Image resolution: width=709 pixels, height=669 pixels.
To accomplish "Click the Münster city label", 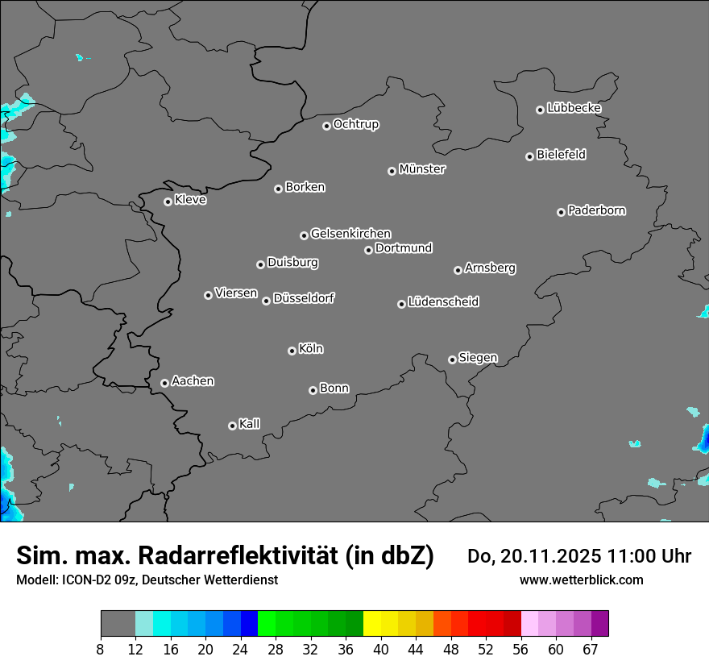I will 422,169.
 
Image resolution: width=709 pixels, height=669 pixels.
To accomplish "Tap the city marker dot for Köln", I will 292,351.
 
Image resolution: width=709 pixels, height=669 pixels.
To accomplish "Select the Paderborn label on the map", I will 597,210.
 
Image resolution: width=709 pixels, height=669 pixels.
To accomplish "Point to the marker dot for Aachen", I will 164,383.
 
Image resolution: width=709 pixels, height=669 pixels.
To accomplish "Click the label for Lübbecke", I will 574,108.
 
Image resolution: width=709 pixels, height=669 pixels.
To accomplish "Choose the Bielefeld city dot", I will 529,156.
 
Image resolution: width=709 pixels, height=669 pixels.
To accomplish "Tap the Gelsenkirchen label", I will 350,234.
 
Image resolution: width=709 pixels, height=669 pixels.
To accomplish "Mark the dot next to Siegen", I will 452,359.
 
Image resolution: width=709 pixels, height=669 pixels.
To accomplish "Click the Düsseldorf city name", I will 304,298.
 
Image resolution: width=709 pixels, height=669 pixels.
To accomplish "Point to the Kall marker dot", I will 232,426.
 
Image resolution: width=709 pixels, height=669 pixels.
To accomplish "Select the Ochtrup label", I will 356,124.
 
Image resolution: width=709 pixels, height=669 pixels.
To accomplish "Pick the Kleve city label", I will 191,200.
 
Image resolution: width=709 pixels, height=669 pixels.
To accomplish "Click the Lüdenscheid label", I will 443,302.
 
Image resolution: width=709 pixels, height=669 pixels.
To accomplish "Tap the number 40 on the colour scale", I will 381,650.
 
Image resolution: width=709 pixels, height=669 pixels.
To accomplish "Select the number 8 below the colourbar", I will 101,650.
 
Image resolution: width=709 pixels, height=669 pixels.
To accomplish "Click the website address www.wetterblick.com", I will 581,580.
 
